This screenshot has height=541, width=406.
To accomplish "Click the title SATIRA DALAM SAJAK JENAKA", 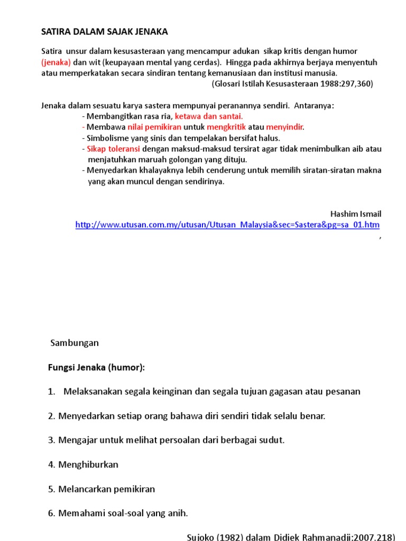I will point(105,32).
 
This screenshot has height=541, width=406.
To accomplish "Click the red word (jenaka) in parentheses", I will point(56,62).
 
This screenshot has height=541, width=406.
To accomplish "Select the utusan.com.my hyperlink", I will point(227,225).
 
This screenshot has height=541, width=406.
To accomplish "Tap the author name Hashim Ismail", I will point(356,214).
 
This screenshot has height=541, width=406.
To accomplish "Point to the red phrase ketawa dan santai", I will point(209,116).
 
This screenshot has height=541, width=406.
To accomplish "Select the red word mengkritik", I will point(226,127).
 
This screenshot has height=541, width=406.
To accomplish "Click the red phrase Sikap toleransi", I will point(113,149).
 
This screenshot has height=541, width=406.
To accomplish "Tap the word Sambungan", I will point(75,343).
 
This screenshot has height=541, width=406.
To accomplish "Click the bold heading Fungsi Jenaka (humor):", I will point(96,367).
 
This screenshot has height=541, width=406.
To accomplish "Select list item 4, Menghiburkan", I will point(88,464).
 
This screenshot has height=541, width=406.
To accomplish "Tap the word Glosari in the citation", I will point(228,83).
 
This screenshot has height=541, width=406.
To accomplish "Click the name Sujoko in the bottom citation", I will point(201,537).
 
